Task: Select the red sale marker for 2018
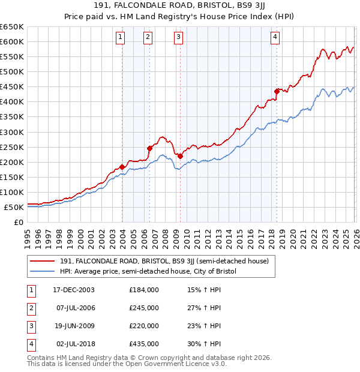[277, 91]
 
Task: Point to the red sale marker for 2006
[149, 148]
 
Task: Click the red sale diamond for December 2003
[122, 166]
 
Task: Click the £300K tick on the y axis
[12, 132]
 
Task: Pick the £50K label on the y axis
[14, 207]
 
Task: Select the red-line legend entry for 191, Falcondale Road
[168, 261]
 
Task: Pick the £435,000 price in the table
[144, 344]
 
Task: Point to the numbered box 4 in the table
[31, 344]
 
